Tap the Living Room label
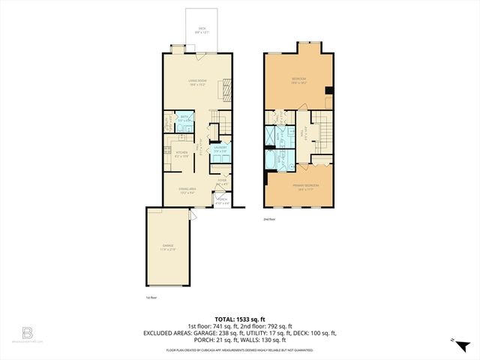point(198,84)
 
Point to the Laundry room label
point(220,148)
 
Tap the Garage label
point(167,247)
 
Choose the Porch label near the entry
point(222,200)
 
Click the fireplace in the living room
point(225,90)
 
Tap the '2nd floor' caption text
point(270,220)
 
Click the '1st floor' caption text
point(151,297)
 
